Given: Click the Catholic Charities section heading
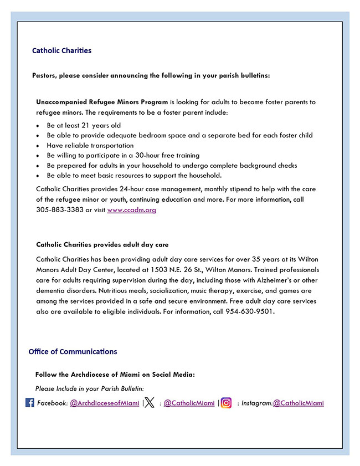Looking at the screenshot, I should [x=61, y=50].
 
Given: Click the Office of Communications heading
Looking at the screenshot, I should [x=73, y=352].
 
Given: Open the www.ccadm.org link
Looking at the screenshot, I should [x=131, y=210].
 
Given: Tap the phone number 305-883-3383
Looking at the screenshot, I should [x=59, y=210].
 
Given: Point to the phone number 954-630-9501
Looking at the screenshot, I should [x=249, y=311].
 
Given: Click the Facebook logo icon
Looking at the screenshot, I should [x=30, y=403].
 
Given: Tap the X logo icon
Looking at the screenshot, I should [x=150, y=403].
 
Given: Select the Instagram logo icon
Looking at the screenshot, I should [x=226, y=403].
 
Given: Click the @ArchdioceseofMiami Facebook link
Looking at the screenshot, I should [x=104, y=403].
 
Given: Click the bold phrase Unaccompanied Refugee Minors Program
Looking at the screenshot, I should [x=102, y=103].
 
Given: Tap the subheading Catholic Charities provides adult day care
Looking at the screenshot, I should [x=102, y=244].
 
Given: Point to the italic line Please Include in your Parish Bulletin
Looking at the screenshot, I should [x=89, y=389].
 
